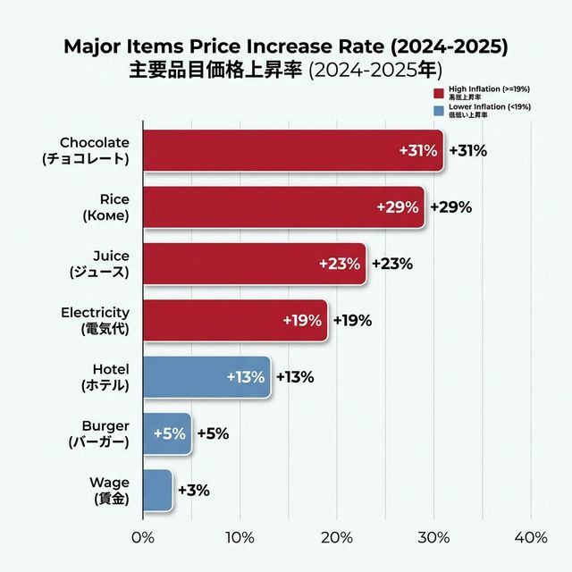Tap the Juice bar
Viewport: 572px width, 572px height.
click(255, 264)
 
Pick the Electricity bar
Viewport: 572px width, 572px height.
click(235, 320)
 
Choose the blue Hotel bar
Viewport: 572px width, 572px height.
click(206, 377)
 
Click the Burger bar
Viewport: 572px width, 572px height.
click(167, 433)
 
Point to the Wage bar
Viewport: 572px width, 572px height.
click(157, 491)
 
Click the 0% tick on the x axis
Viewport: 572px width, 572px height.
click(143, 538)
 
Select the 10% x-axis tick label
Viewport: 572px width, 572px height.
click(240, 538)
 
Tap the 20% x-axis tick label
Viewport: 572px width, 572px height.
click(337, 538)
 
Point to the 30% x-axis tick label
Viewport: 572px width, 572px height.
click(434, 538)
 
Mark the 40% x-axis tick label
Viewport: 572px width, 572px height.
click(531, 538)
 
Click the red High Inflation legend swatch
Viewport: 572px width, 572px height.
click(438, 93)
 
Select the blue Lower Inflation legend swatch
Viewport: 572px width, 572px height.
click(438, 111)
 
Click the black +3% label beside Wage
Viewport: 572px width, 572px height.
click(193, 491)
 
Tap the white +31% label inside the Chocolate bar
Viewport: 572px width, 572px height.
click(417, 151)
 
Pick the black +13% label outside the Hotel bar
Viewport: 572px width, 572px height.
click(294, 377)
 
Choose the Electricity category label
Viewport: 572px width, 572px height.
click(95, 320)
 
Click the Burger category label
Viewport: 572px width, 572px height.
click(98, 433)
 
